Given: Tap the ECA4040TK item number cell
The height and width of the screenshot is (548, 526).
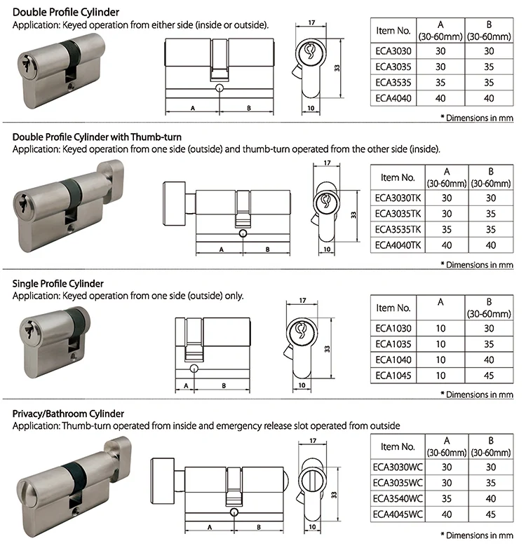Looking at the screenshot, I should pos(398,245).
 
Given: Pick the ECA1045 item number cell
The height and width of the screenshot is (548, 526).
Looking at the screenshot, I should pos(393,376).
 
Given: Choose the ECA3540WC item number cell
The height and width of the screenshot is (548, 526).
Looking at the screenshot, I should pos(398,499).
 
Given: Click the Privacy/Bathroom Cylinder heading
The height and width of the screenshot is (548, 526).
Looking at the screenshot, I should pos(68,414).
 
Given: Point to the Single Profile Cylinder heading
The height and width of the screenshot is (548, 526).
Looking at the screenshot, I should pos(58,283).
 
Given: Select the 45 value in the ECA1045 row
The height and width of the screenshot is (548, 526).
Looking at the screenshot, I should pos(489,376).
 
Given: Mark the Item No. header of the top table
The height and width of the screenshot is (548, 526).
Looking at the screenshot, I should pos(393,31).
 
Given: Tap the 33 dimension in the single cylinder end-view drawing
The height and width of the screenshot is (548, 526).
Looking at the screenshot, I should pos(327,348).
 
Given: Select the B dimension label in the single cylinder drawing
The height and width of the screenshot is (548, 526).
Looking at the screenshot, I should pos(223,385).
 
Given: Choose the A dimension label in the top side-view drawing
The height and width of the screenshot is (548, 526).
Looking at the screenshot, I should pos(193,109).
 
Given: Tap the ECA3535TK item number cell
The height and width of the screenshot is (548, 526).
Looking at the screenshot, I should pos(398,229).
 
